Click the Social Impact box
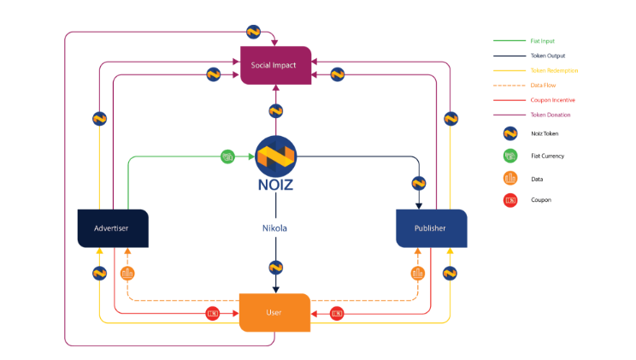[x=274, y=66]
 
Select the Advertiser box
[x=113, y=228]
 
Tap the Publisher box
[x=432, y=228]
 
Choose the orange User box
[x=274, y=312]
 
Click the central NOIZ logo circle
[x=275, y=156]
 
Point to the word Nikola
[x=274, y=228]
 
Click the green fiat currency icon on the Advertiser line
[x=227, y=156]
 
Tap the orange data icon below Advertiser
[x=127, y=274]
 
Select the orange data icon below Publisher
[x=418, y=274]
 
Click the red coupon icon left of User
[x=213, y=313]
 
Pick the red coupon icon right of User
[x=337, y=313]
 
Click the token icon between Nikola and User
[x=274, y=267]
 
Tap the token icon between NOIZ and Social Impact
[x=274, y=110]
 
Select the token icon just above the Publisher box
[x=419, y=182]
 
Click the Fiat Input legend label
[x=543, y=41]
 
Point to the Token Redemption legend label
[x=554, y=70]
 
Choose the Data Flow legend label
[x=544, y=85]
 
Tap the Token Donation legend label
[x=551, y=115]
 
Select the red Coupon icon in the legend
[x=510, y=199]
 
